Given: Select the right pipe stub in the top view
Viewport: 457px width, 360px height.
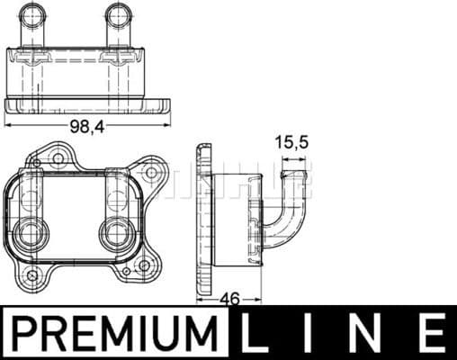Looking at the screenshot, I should [118, 22].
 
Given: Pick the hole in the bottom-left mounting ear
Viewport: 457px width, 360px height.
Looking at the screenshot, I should [32, 274].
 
